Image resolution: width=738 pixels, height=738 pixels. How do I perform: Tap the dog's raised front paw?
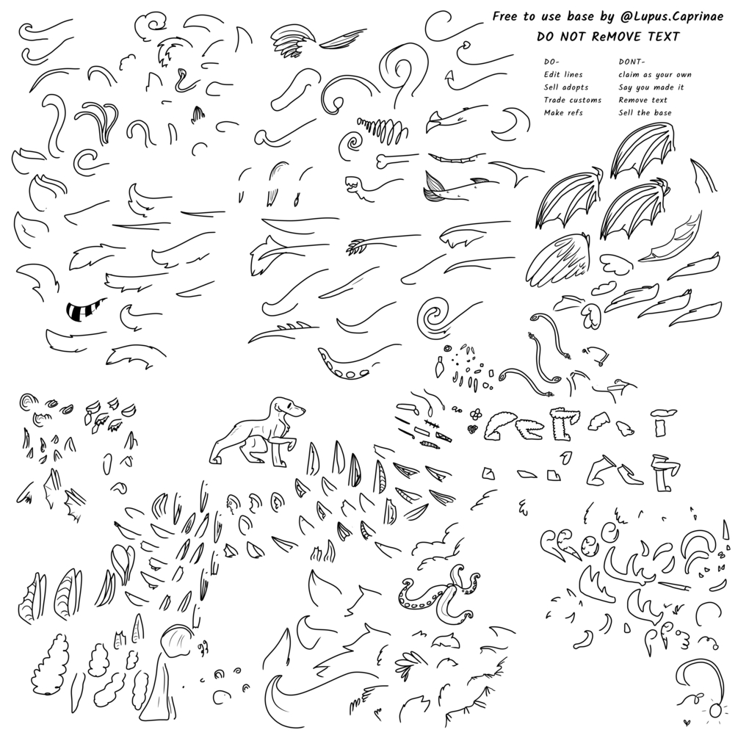[292, 441]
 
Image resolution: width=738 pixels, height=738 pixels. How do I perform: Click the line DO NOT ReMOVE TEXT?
[608, 37]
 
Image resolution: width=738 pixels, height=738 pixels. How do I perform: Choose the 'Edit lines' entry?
[563, 74]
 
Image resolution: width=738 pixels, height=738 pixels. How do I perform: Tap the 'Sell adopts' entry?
[565, 87]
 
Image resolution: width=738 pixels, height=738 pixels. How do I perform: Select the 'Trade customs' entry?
[572, 100]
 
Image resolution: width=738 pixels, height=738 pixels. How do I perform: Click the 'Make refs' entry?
[563, 112]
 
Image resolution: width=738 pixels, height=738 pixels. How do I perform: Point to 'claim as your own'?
[655, 74]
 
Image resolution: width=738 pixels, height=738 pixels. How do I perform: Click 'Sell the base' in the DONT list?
[645, 112]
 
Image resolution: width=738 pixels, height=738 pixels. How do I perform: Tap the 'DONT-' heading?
[632, 62]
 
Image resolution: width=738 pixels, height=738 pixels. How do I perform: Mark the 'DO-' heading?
[551, 62]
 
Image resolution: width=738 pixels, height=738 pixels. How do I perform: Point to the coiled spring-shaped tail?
[382, 126]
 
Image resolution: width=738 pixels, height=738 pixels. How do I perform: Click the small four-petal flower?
[476, 413]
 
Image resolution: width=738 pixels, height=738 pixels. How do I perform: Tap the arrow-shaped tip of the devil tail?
[449, 76]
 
